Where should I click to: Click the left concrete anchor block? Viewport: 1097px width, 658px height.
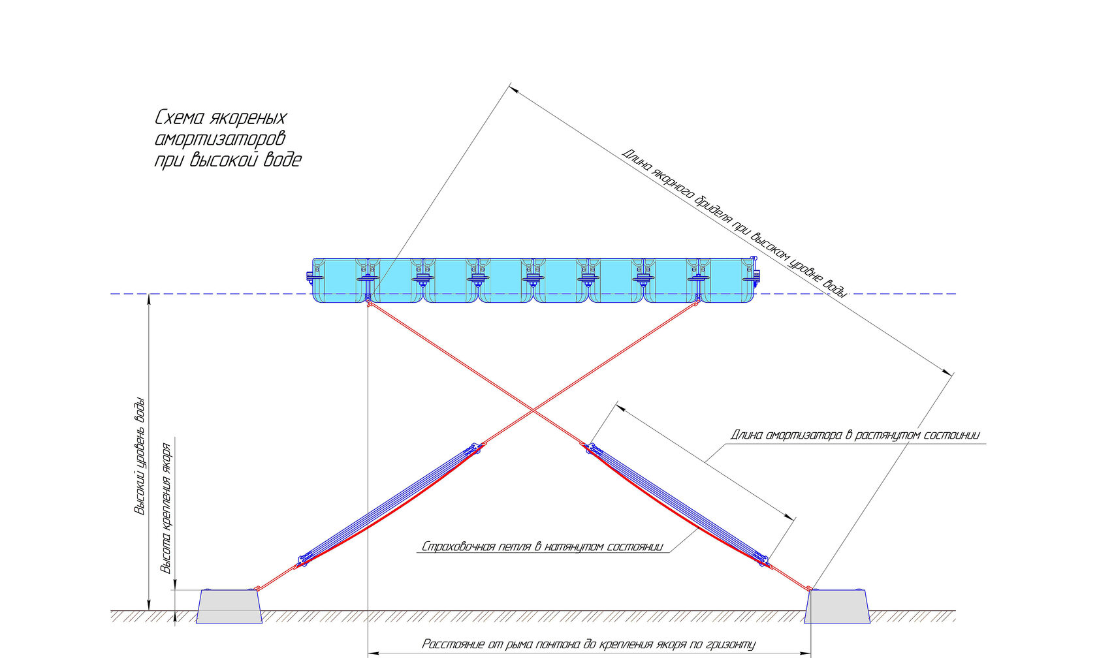point(229,606)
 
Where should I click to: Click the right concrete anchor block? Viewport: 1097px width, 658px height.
point(837,606)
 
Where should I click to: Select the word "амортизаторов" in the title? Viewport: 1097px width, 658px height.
point(220,139)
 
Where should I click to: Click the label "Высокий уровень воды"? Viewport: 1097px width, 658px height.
point(140,456)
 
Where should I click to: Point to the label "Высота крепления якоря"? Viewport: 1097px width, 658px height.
point(167,508)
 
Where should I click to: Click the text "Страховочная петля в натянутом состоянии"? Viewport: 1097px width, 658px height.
point(542,546)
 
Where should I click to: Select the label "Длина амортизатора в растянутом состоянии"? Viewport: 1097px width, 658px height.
point(855,435)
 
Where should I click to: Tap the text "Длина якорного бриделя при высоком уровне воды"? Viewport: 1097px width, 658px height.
point(734,223)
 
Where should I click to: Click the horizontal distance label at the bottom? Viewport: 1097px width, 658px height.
point(589,644)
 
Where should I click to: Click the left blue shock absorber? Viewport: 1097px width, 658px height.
point(390,505)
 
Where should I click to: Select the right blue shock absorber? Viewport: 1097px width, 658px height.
point(678,504)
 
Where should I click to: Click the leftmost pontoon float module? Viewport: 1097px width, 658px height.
point(340,280)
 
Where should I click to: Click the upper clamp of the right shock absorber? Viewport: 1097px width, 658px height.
point(591,448)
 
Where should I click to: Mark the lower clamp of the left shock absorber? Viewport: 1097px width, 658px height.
point(304,559)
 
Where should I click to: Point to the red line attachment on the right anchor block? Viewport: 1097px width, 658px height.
point(809,589)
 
